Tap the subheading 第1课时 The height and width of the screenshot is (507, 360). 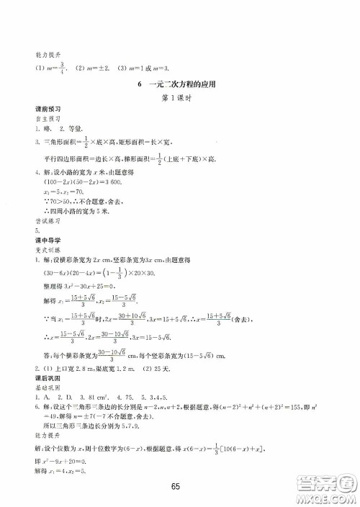pyautogui.click(x=179, y=99)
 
